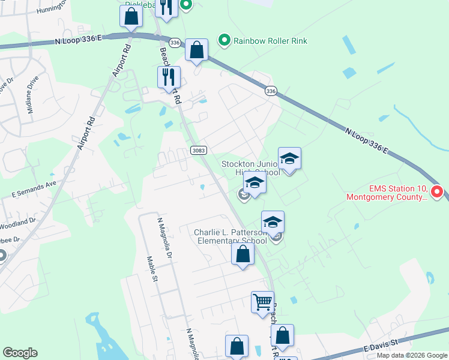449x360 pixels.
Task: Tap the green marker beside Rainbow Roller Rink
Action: [224, 41]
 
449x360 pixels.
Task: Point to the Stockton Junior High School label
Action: [251, 168]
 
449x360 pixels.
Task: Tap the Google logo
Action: [20, 353]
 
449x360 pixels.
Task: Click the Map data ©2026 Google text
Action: [413, 355]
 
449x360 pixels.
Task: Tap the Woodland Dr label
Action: [17, 223]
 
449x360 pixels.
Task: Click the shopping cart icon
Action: [262, 302]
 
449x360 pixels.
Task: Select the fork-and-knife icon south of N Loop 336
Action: [169, 76]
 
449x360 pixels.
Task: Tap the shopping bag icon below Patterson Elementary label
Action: [243, 254]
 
